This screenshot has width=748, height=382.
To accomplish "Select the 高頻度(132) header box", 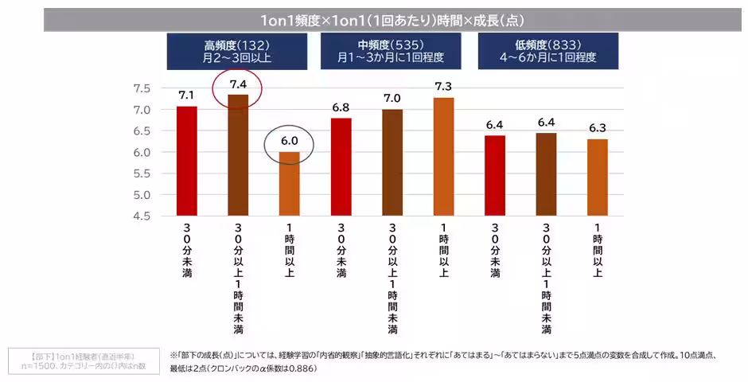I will tap(237, 52).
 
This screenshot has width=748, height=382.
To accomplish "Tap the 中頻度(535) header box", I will tap(390, 52).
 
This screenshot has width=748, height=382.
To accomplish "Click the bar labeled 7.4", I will tap(239, 155).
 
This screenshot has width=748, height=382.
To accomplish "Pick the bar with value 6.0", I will tap(290, 183).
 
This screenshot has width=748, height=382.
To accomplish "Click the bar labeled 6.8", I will tap(341, 167).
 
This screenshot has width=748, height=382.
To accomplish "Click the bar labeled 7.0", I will tap(392, 162).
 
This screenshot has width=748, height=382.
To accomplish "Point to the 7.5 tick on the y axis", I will tap(142, 88).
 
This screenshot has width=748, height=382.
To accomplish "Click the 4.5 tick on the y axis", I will tap(142, 216).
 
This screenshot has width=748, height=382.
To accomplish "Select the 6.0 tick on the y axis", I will tap(142, 152).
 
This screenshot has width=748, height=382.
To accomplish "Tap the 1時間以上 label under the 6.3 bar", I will tap(597, 251).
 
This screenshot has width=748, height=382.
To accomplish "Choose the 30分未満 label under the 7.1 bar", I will tap(187, 251).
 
